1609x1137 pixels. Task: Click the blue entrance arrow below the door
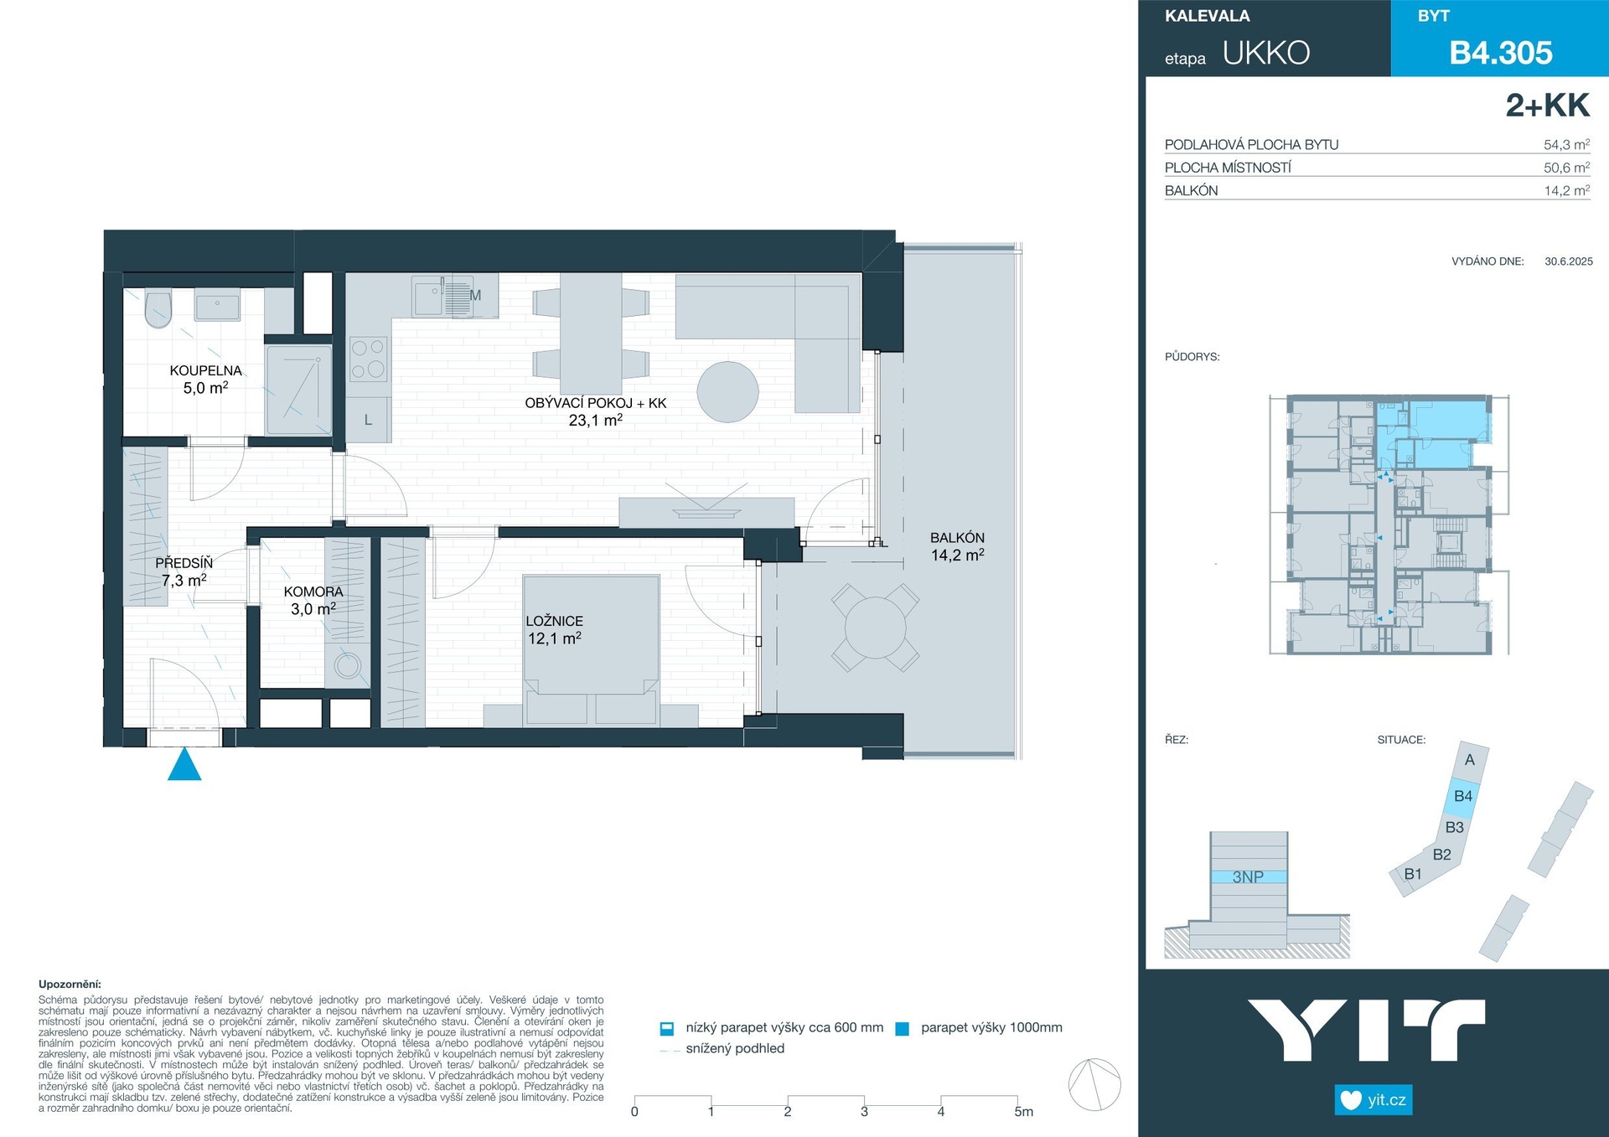(184, 765)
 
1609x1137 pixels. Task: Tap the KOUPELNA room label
(205, 370)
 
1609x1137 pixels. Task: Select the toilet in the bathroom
(158, 308)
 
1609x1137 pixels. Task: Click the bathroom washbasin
(217, 305)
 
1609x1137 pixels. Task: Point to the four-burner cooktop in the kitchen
(368, 358)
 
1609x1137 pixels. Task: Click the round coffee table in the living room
(727, 392)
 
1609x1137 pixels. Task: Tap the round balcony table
(875, 628)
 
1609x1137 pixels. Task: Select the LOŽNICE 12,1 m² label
(554, 629)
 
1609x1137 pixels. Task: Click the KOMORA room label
(313, 592)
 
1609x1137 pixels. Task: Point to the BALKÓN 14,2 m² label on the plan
(957, 546)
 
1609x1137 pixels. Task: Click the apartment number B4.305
(1501, 53)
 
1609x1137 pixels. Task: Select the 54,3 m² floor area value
(1566, 144)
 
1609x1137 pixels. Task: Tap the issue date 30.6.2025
(1569, 261)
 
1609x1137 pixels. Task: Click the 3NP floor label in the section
(1248, 877)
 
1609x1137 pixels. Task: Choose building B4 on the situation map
(1463, 796)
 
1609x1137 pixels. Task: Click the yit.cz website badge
(1374, 1100)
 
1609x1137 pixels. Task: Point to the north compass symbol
(1094, 1084)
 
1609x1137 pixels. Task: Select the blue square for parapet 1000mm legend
(902, 1029)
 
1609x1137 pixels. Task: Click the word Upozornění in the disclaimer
(70, 985)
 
